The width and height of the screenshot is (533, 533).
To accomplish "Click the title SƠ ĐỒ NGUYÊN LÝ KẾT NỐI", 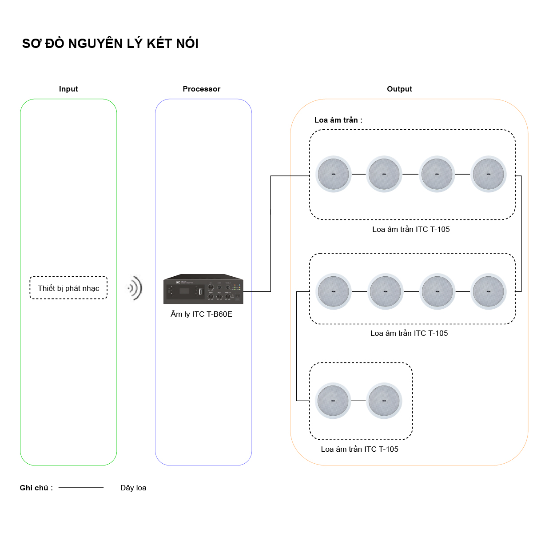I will [110, 44].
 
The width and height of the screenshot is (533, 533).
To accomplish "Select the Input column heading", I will [68, 89].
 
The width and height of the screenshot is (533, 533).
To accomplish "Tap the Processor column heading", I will [201, 89].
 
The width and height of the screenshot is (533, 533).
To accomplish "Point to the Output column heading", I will [399, 89].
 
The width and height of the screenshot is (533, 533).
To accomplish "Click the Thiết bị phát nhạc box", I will [68, 288].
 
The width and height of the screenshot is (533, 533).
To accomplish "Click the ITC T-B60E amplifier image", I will [203, 289].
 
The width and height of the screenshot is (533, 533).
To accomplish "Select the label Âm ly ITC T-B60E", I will [201, 314].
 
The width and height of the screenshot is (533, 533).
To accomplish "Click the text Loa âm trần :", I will [338, 120].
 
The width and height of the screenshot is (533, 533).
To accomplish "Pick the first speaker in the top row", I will [334, 174].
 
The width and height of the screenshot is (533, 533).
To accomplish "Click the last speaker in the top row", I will [489, 174].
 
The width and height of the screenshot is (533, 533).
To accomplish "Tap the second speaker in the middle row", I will [385, 291].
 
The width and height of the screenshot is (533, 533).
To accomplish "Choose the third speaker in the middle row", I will [437, 291].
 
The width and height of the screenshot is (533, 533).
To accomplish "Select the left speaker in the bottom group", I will [333, 401].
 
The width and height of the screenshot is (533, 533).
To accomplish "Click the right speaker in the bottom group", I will [384, 401].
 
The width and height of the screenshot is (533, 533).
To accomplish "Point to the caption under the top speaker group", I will [411, 229].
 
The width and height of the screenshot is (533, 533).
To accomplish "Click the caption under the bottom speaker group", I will [359, 449].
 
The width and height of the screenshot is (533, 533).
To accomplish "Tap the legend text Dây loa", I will [133, 488].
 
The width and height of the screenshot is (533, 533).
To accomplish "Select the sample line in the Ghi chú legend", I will [81, 488].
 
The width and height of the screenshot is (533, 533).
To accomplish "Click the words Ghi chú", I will [36, 488].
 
